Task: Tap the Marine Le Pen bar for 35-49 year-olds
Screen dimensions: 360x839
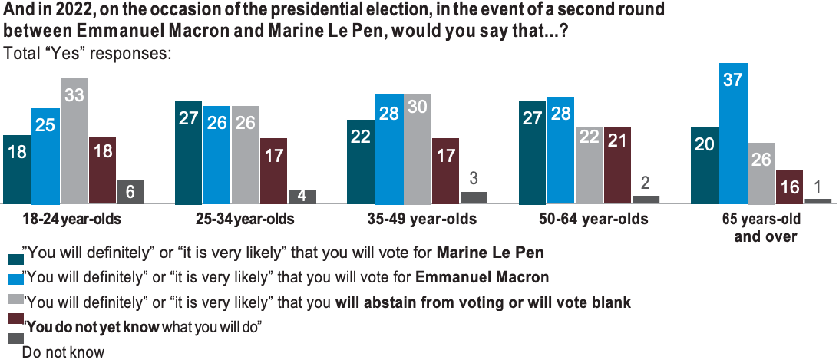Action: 361,161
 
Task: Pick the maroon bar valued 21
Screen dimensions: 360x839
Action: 617,165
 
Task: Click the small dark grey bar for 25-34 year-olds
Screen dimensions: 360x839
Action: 302,197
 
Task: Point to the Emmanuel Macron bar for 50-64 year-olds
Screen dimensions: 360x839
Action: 561,150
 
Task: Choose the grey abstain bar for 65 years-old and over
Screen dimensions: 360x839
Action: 761,173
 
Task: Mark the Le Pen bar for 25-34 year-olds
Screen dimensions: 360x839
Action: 188,152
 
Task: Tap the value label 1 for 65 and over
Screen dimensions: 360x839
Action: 818,187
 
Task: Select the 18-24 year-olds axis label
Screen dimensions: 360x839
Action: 62,220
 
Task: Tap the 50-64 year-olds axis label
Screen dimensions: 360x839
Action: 583,220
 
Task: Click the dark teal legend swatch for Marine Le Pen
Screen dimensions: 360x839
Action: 14,256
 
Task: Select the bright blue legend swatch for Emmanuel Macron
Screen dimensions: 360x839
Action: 14,277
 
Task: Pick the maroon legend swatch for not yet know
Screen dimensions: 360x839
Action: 14,318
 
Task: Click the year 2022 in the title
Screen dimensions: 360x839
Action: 82,12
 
